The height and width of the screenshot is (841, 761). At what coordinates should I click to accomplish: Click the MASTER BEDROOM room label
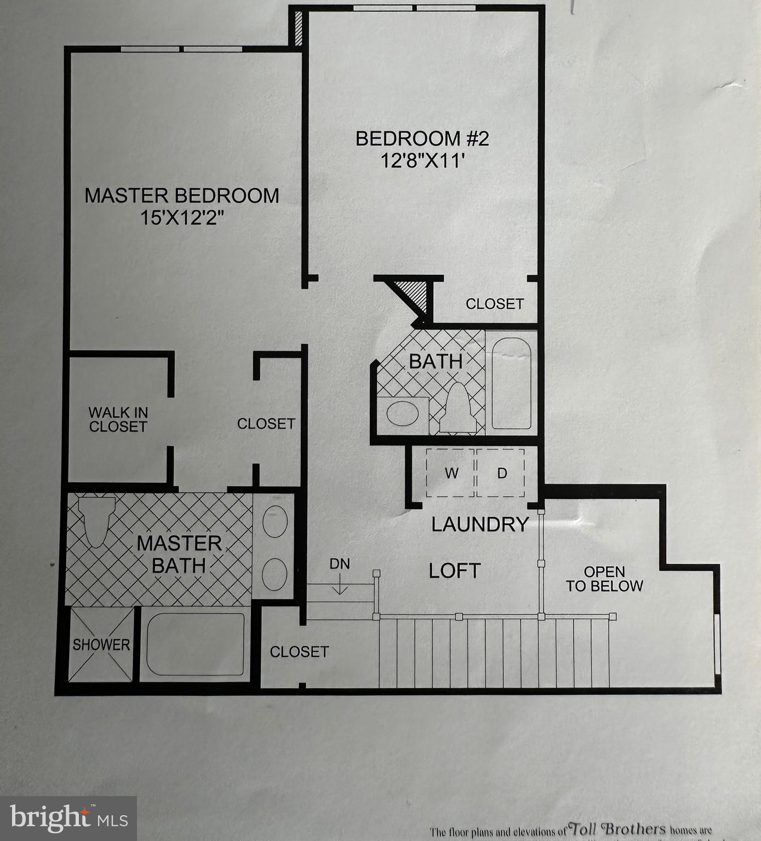[x=181, y=195]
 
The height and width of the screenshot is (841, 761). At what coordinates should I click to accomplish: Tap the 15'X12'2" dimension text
[x=182, y=218]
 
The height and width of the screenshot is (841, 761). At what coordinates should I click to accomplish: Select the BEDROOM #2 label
[x=422, y=139]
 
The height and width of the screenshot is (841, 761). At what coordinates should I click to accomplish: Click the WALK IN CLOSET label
[x=118, y=420]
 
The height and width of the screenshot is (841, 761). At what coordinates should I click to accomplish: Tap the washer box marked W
[x=450, y=473]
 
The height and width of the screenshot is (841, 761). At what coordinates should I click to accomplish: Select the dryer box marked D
[x=501, y=473]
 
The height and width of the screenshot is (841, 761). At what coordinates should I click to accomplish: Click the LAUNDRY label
[x=479, y=525]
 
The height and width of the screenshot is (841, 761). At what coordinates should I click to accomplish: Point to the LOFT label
[x=454, y=571]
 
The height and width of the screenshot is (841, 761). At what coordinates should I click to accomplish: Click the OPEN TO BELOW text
[x=604, y=579]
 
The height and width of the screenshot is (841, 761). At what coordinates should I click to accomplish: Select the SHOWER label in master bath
[x=101, y=645]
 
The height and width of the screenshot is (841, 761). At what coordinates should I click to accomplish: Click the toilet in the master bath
[x=96, y=520]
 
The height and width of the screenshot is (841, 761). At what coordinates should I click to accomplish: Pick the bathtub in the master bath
[x=196, y=644]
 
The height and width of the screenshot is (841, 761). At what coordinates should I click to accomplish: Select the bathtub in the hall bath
[x=511, y=383]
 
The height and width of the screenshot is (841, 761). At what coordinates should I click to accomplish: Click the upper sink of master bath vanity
[x=275, y=521]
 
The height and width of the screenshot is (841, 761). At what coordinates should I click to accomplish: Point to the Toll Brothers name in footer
[x=618, y=829]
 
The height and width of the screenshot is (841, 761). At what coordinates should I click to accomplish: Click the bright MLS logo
[x=68, y=819]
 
